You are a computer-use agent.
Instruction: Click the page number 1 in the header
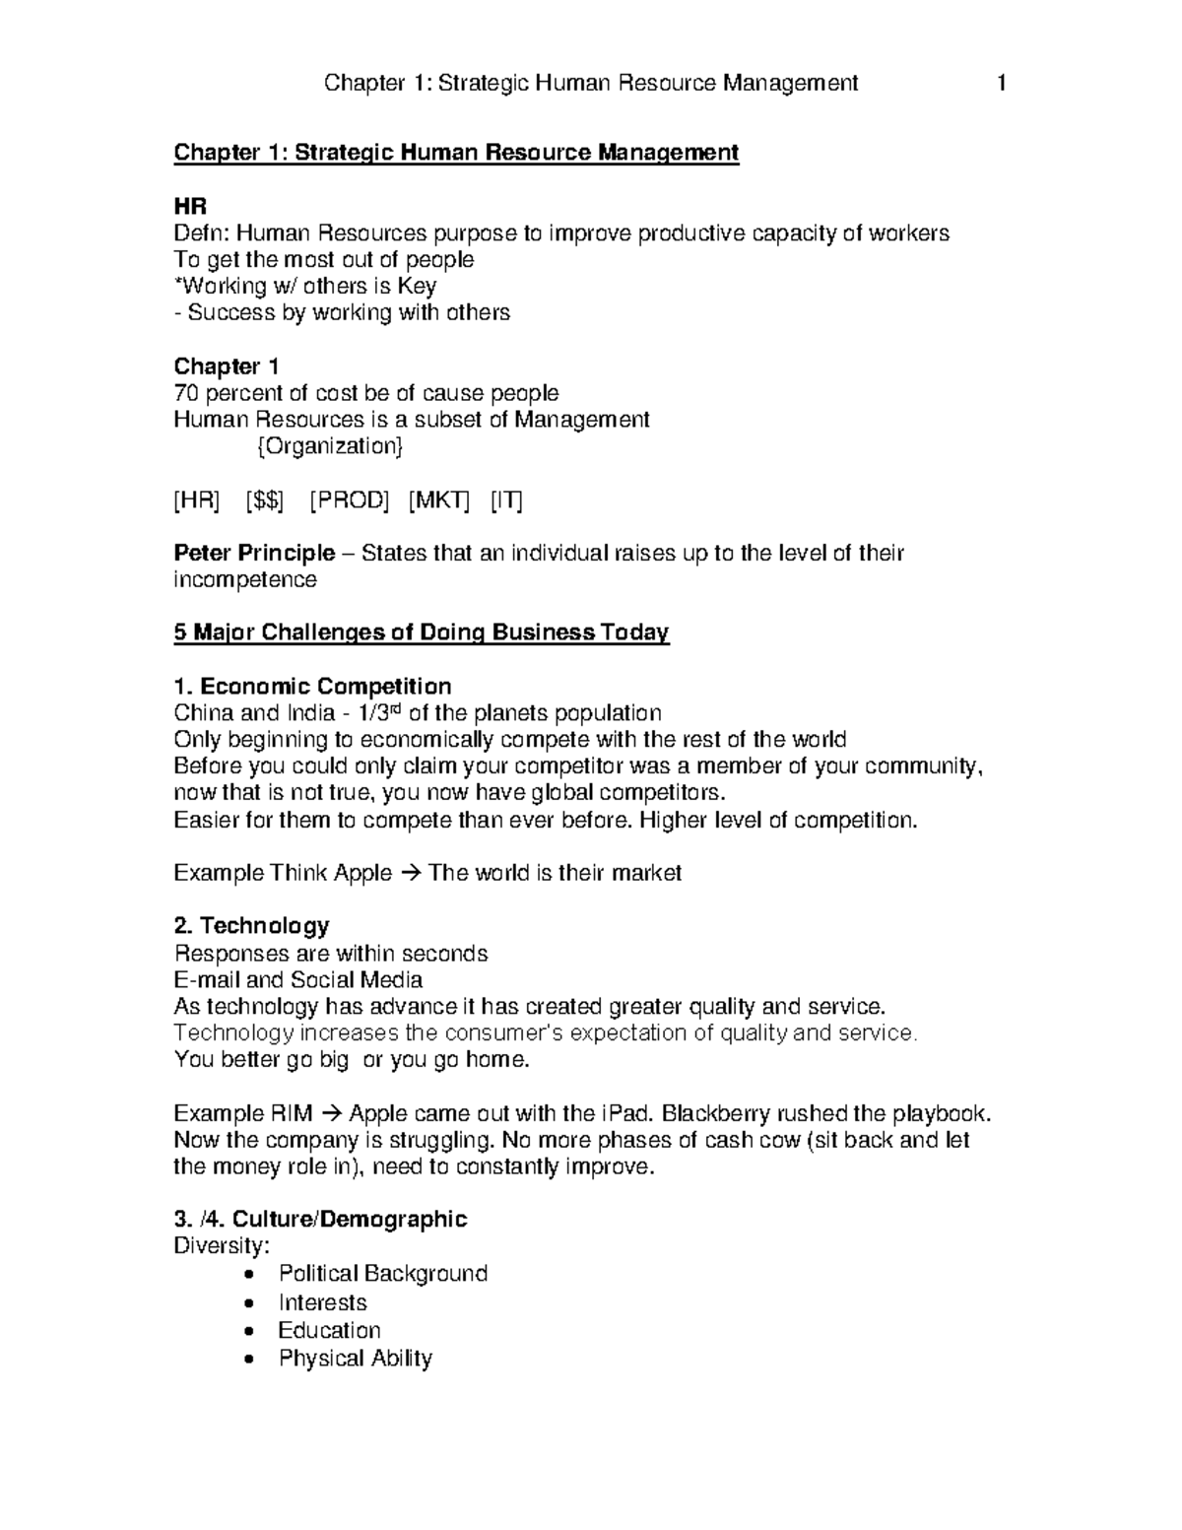point(1002,84)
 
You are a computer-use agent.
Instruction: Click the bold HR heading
point(190,207)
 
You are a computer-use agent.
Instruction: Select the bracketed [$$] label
point(264,500)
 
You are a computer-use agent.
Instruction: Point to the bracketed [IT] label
point(506,500)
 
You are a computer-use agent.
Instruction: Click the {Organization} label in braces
point(329,446)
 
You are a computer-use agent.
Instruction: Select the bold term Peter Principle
point(254,553)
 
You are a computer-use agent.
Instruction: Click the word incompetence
point(245,579)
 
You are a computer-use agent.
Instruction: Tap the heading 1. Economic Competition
point(312,686)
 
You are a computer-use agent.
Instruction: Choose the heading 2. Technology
point(251,926)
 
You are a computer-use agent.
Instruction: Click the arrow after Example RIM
point(331,1114)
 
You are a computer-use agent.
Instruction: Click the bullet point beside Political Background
point(256,1275)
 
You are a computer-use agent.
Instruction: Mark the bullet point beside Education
point(256,1331)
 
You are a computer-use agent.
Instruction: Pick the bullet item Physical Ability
point(356,1359)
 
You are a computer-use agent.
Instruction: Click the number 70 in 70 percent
point(185,393)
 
